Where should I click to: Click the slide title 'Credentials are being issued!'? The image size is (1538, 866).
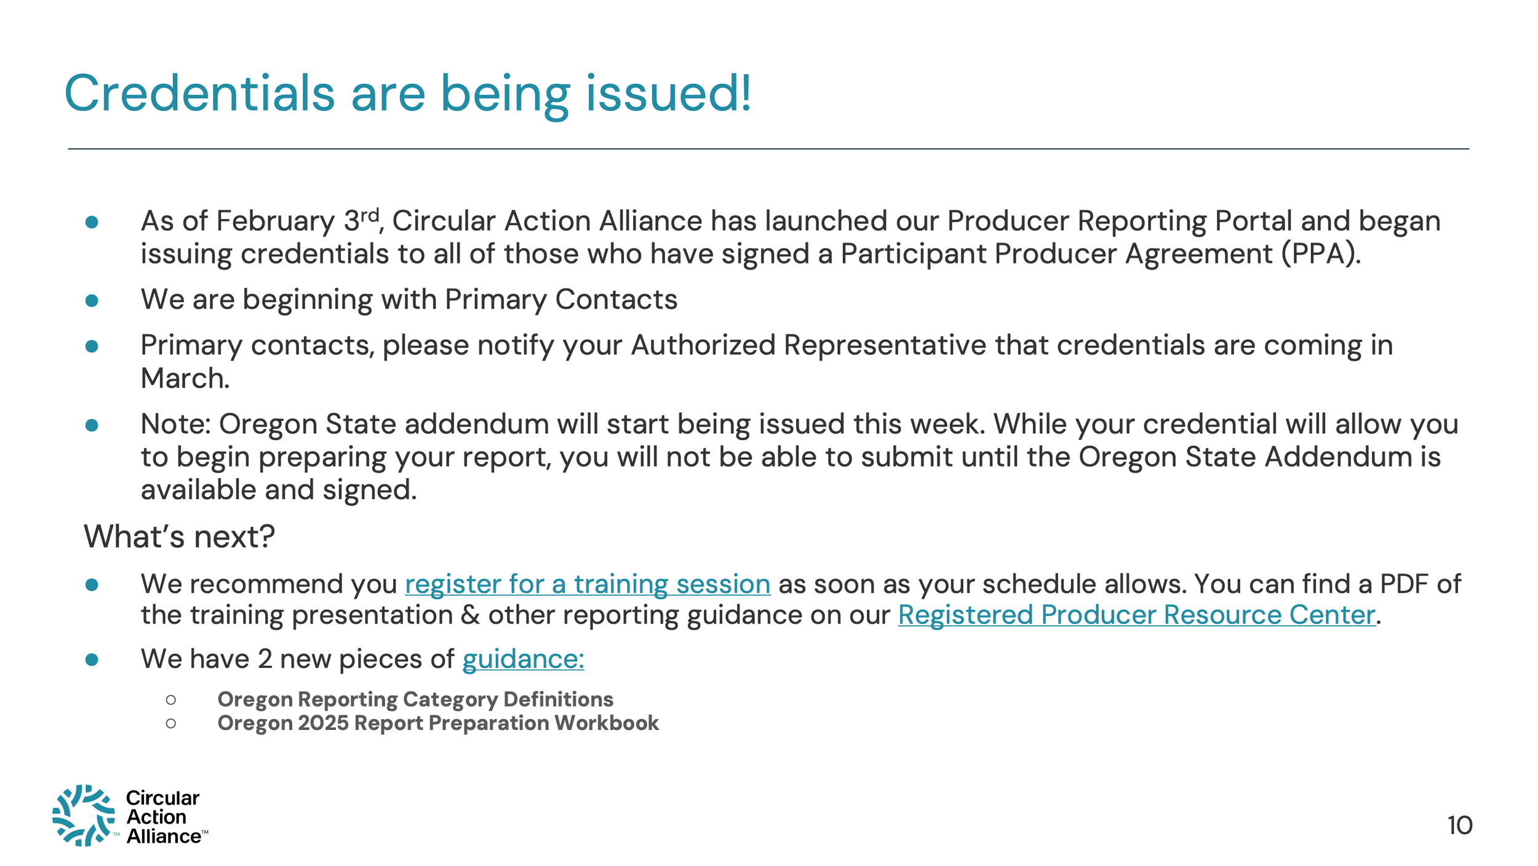407,94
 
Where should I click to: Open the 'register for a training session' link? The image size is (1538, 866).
587,584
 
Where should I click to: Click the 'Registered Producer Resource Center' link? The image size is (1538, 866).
1136,615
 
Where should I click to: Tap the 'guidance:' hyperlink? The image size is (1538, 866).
523,659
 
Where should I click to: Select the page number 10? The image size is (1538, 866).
1459,825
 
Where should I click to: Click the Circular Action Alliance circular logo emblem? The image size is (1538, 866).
84,816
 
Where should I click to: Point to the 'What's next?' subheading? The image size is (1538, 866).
179,536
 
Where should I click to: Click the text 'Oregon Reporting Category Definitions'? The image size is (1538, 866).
415,699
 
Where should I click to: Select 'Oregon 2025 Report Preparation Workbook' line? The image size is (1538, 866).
438,723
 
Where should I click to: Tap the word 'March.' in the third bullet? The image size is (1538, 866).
185,378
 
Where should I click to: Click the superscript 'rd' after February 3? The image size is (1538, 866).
369,215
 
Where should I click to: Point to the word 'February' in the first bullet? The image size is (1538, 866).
276,221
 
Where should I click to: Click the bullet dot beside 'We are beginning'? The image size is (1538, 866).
92,300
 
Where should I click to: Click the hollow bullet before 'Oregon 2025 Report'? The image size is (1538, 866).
171,723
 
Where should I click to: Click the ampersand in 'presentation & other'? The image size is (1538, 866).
471,615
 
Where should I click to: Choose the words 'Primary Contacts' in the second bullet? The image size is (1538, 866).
560,300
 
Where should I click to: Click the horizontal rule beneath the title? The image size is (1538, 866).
768,149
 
